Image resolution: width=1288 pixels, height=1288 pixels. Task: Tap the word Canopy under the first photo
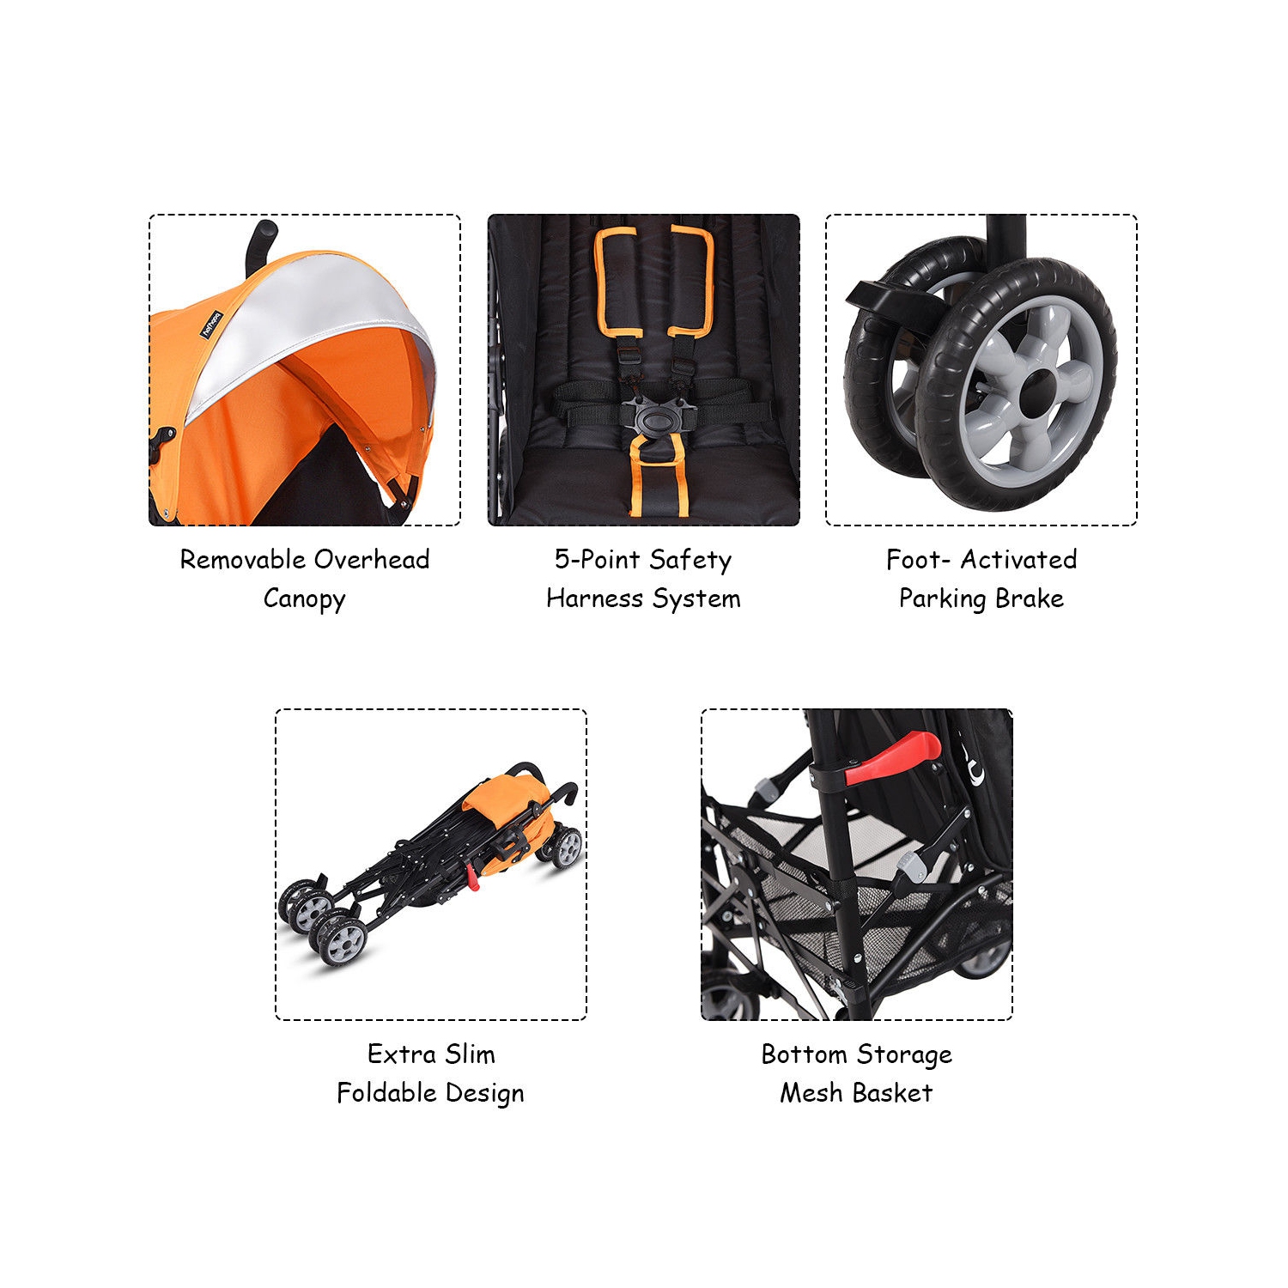click(x=304, y=598)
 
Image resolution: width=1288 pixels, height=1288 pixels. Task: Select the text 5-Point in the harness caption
click(x=596, y=560)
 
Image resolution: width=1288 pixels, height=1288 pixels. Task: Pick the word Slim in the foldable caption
click(x=470, y=1054)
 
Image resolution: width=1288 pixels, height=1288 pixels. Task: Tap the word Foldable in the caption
click(x=386, y=1093)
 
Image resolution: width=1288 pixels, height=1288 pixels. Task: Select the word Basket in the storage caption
click(x=893, y=1093)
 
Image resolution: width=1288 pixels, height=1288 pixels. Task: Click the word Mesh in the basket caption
click(x=811, y=1093)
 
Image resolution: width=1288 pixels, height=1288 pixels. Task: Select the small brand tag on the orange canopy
click(x=211, y=325)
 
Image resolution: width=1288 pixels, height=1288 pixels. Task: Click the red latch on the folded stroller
click(x=472, y=878)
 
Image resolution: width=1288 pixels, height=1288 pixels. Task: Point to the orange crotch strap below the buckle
click(x=657, y=477)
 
